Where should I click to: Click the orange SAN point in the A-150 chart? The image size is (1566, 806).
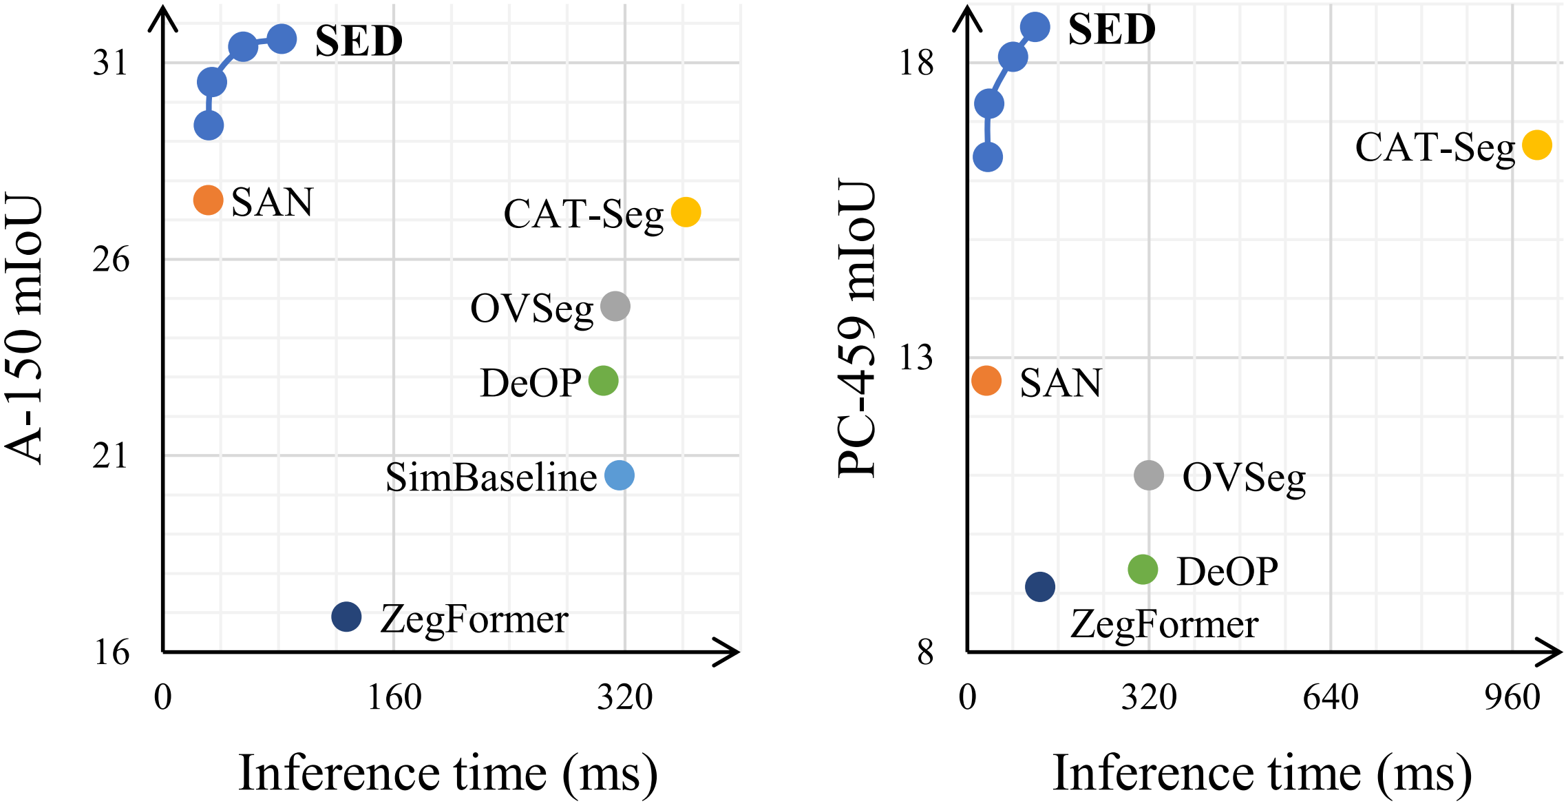208,200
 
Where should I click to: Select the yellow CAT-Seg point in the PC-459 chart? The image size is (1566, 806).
1537,145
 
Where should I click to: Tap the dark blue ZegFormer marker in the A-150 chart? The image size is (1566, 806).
346,616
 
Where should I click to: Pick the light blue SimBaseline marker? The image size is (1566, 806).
620,475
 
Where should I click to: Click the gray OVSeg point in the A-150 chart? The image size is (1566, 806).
615,306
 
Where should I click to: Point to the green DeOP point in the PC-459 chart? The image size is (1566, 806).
1143,569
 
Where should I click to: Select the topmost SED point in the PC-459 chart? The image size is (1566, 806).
1035,27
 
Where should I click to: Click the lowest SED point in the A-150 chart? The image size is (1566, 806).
209,125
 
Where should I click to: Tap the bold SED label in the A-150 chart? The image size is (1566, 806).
359,41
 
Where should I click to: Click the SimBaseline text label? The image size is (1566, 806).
491,477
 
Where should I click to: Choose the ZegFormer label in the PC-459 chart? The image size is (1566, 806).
1164,625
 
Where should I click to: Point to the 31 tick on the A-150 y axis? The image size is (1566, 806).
111,63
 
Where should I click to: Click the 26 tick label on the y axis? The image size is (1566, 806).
111,260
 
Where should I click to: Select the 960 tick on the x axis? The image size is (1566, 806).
1512,698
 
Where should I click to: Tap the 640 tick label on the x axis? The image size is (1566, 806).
1330,698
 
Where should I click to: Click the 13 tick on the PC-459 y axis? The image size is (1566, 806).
916,358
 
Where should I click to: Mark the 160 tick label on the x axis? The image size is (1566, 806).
394,698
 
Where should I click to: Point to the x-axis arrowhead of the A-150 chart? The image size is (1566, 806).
730,652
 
